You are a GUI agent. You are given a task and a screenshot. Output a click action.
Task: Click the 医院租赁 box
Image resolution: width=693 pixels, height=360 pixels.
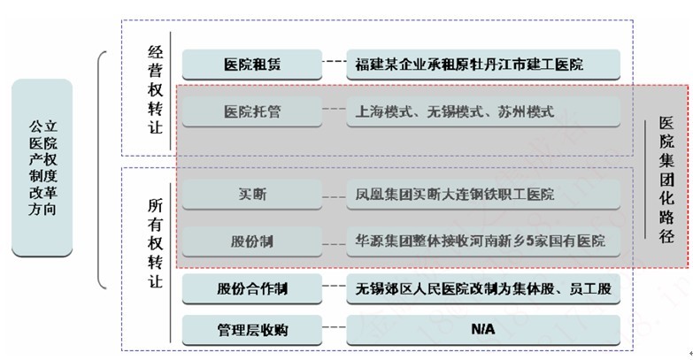coord(252,65)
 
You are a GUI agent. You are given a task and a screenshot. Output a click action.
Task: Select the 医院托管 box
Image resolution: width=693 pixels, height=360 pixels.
coord(252,111)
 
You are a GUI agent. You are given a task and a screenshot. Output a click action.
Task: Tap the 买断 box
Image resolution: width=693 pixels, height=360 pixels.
coord(252,194)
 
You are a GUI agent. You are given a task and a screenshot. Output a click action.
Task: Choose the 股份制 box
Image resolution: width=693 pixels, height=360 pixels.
coord(252,241)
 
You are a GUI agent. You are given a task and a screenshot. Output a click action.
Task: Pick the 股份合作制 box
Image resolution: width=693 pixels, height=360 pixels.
coord(252,288)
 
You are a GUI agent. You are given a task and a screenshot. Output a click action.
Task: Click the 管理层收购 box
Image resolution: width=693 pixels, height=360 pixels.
coord(252,330)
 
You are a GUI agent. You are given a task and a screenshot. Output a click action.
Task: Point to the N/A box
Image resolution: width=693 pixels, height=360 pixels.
coord(483,330)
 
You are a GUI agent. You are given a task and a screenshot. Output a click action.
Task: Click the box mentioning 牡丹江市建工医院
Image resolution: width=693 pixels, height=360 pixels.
coord(483,65)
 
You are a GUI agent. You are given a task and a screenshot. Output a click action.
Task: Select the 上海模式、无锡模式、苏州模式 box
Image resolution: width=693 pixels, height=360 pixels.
coord(483,111)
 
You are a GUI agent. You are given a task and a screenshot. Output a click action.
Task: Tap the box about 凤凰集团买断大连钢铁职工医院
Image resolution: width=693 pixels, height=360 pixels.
coord(483,194)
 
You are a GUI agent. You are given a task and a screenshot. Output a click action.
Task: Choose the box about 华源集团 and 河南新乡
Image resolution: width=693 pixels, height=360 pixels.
coord(483,241)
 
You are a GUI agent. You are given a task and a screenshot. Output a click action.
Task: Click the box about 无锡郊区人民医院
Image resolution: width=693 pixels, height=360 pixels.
coord(483,288)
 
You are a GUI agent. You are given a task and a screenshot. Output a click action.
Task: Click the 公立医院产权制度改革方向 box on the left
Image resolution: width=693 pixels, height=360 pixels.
coord(42,168)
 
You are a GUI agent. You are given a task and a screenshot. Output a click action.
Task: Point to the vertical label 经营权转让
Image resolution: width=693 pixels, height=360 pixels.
coord(155,89)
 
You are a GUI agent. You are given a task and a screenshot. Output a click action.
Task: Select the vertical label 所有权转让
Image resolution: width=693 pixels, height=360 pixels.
coord(155,243)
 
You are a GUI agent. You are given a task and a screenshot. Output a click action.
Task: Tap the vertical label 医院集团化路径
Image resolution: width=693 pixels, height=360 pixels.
coord(666,180)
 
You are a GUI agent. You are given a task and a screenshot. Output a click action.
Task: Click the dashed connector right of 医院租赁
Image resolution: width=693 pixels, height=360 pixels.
coord(335,61)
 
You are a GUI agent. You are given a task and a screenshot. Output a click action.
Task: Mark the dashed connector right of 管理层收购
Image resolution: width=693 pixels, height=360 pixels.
coord(335,327)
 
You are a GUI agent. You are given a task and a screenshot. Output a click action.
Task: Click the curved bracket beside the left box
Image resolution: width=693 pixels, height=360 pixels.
coord(98,170)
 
